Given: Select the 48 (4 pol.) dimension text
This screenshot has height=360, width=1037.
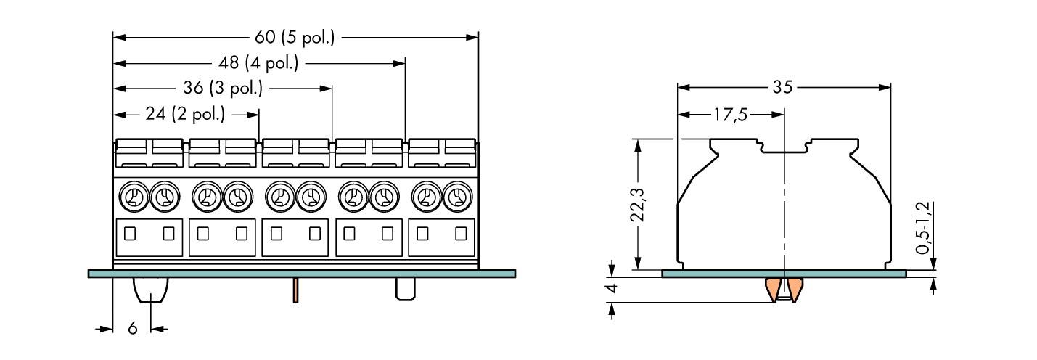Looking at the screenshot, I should tap(259, 64).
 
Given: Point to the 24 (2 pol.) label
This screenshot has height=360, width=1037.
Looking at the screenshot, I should tap(186, 114).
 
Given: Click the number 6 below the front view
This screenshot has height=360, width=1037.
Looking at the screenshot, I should tap(132, 329).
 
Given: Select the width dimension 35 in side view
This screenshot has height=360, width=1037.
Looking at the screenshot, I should tap(782, 88).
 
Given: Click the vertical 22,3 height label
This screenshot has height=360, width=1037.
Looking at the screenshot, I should tap(637, 204).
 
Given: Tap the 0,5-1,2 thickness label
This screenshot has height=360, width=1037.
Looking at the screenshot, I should tap(922, 228).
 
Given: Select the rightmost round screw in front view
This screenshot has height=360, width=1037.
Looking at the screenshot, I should tap(456, 196).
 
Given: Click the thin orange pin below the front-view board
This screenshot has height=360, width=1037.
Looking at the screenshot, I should tap(296, 290).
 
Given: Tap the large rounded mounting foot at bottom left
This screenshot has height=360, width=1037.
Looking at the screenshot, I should tap(150, 292).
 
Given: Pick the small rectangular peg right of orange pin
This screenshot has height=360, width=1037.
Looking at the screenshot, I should tap(404, 289).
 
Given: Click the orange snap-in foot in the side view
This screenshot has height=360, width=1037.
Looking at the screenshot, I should tap(784, 289).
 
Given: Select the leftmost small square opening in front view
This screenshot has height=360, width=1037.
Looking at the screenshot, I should tap(131, 234).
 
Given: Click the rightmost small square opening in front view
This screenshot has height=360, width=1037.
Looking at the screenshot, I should tap(460, 234).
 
